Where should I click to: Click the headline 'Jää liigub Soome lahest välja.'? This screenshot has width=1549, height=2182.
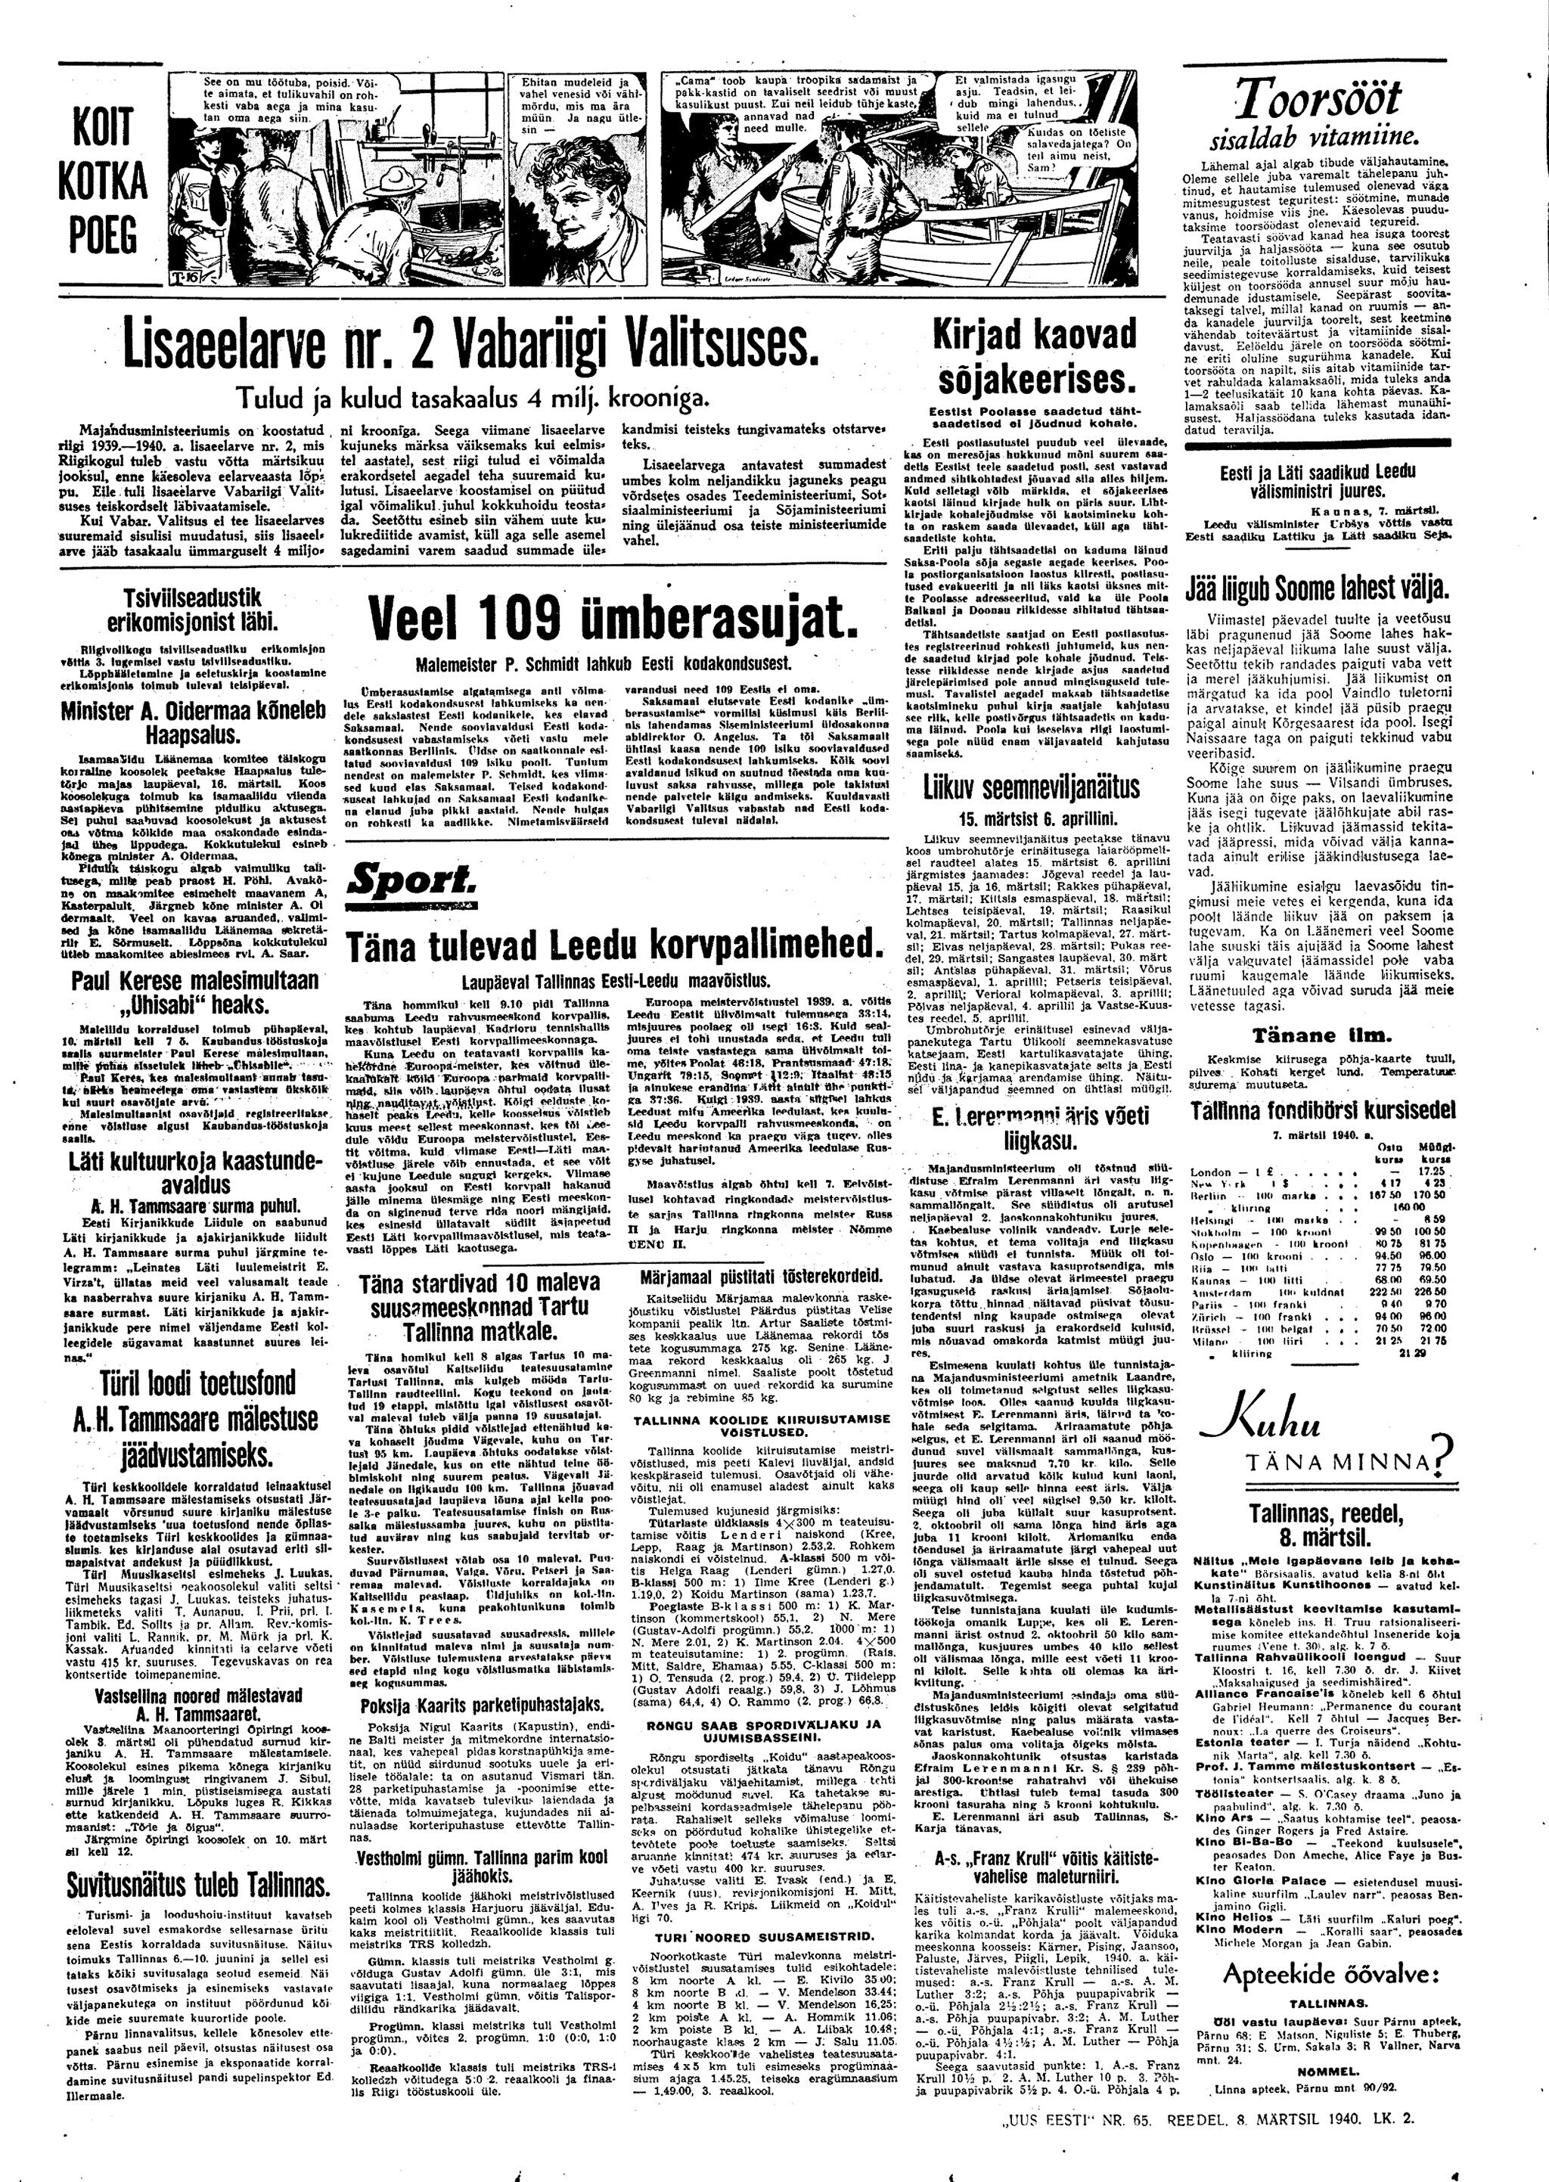click(1318, 585)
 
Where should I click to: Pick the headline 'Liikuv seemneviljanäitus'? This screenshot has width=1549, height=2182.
click(1031, 787)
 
